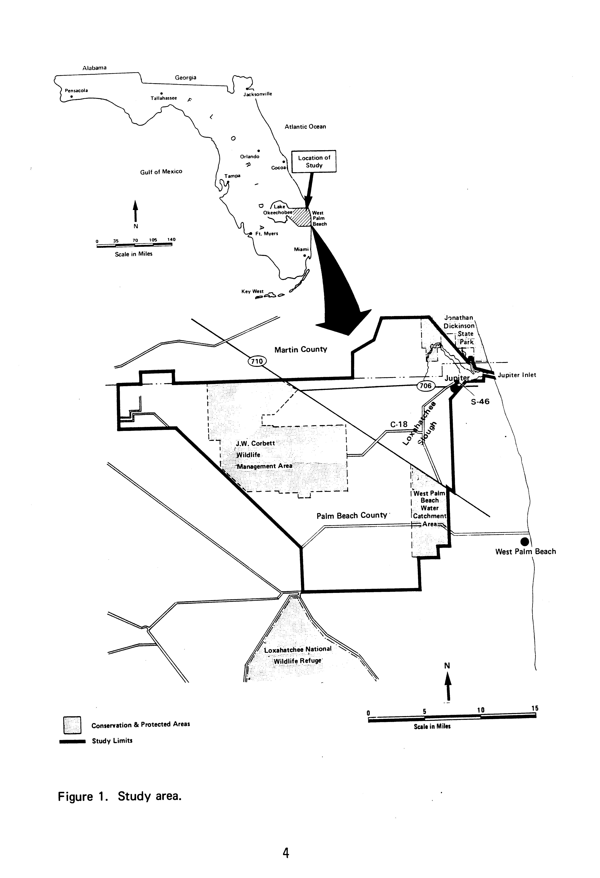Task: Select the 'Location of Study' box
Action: pyautogui.click(x=314, y=162)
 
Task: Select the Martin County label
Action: pyautogui.click(x=300, y=349)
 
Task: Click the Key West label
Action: pyautogui.click(x=252, y=291)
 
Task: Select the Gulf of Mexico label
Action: pyautogui.click(x=161, y=172)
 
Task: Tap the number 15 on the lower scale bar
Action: pyautogui.click(x=534, y=708)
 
